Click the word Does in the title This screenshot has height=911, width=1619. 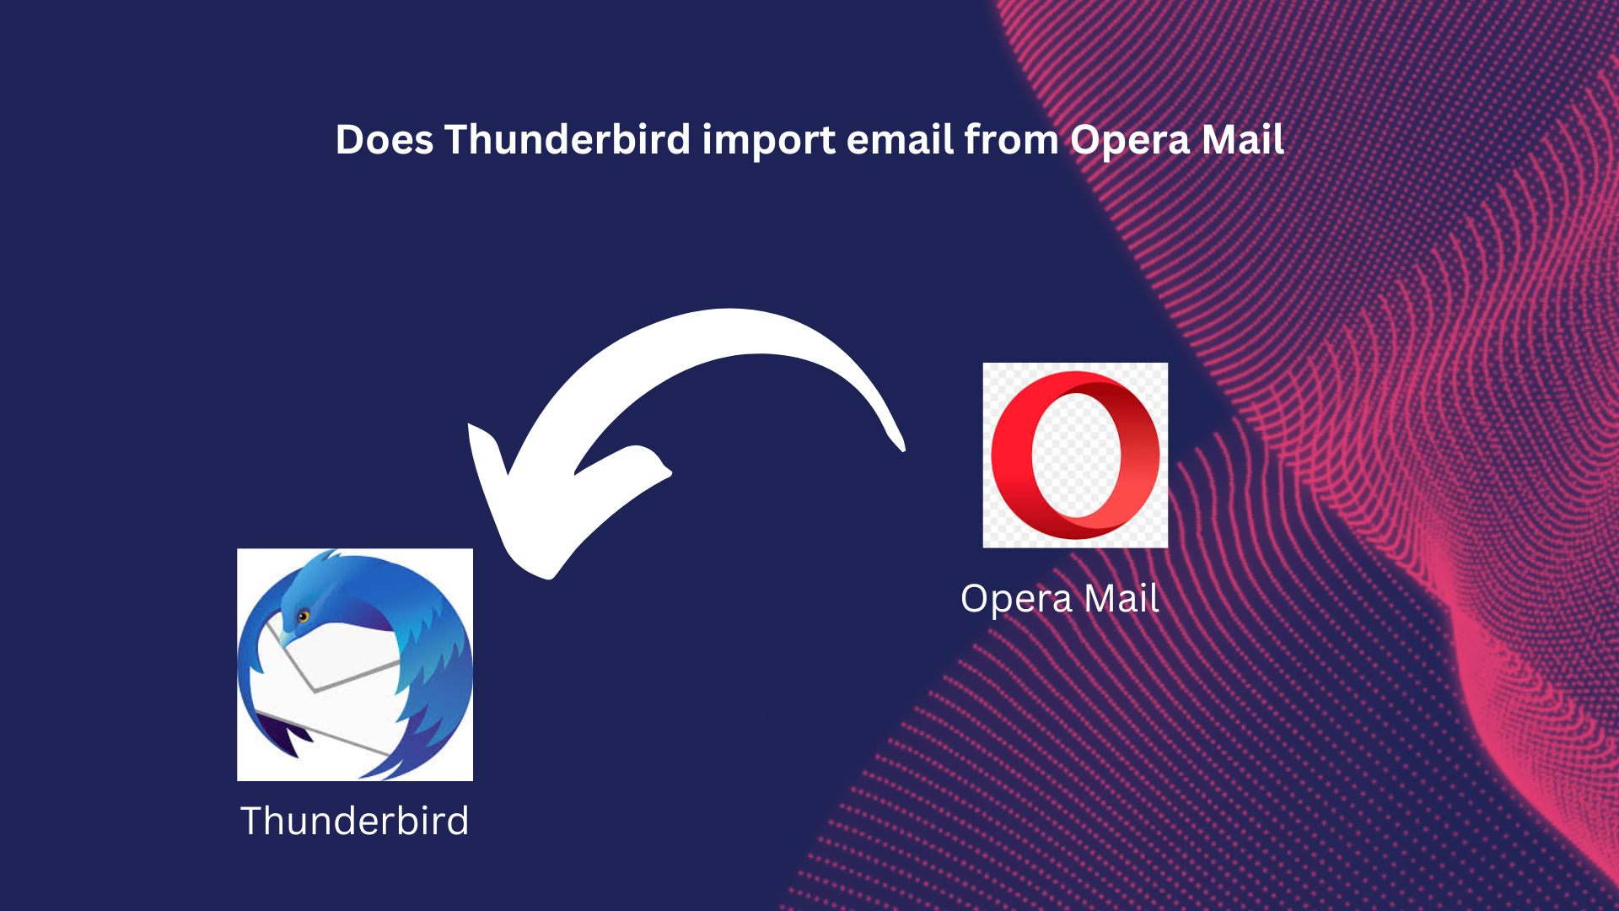(385, 140)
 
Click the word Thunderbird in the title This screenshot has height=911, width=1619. (567, 140)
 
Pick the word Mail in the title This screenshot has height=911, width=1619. (1243, 140)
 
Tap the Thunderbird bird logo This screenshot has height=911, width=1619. (355, 665)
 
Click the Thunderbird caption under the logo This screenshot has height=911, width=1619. (355, 821)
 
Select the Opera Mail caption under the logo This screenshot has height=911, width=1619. (1060, 599)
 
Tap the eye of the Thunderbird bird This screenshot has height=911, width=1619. (304, 617)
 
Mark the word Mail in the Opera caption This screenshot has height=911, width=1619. (1121, 599)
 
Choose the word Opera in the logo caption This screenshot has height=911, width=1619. (1016, 600)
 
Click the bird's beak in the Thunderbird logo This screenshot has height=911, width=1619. (288, 637)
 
